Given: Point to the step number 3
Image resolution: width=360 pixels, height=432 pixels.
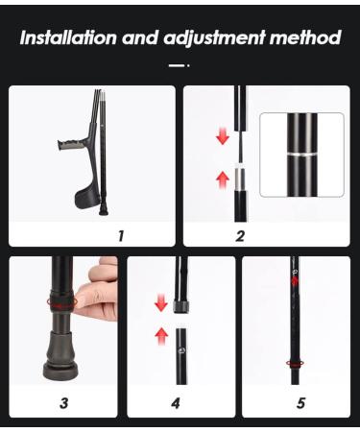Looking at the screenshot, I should click(63, 402).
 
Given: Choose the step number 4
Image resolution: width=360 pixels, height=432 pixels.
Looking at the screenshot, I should click(176, 402).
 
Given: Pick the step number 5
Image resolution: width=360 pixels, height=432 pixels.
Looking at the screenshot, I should click(300, 402).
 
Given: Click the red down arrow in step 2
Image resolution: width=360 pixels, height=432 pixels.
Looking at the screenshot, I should click(223, 136).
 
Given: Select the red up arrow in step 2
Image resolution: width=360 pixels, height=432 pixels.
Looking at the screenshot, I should click(223, 179).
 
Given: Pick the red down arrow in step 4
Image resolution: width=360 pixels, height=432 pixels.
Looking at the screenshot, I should click(161, 302).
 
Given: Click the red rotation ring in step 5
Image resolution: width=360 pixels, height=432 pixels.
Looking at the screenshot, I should click(296, 364).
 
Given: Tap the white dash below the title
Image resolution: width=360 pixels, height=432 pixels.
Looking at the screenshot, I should click(177, 65).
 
